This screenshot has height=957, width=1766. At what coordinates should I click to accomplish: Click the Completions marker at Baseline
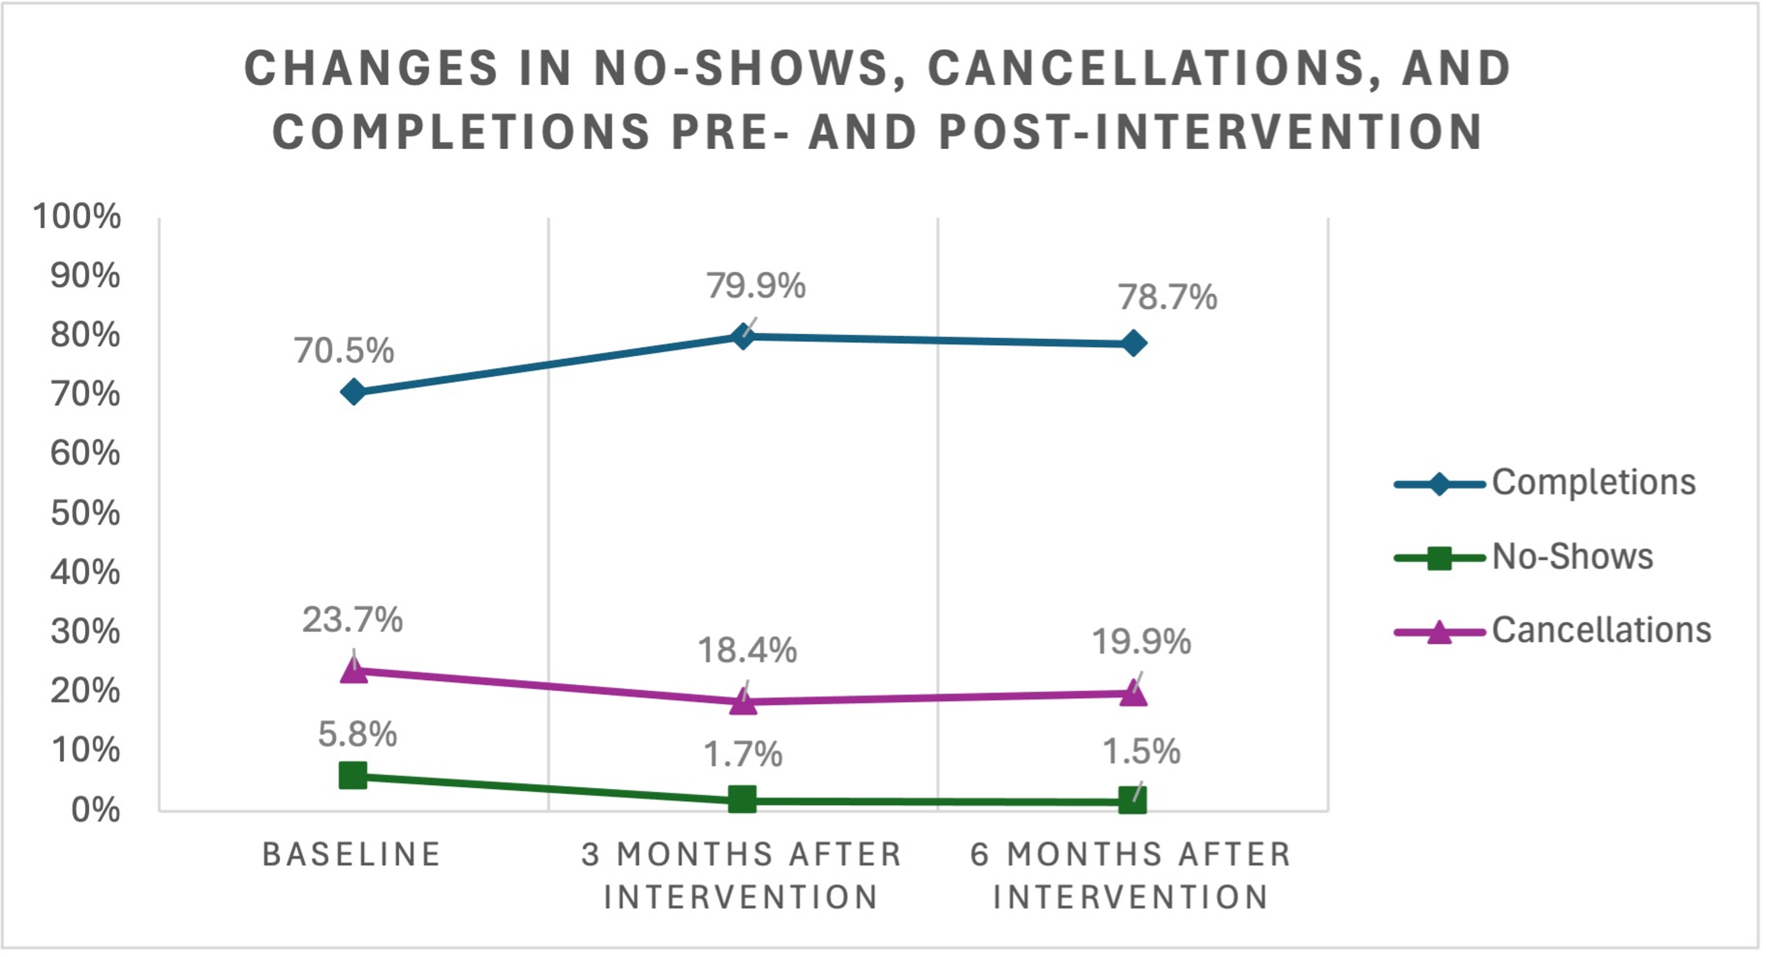[353, 393]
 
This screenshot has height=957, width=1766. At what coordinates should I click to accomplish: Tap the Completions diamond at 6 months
[1133, 343]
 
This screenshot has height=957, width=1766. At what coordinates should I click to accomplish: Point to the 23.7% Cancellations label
[352, 620]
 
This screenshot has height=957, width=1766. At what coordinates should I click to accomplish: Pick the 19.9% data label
[1141, 642]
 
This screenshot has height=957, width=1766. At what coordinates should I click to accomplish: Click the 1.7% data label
[742, 754]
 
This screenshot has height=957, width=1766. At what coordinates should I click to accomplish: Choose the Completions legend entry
[1593, 482]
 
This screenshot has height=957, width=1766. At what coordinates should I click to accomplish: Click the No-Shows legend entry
[1572, 556]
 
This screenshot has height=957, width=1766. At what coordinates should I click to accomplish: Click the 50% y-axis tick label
[85, 513]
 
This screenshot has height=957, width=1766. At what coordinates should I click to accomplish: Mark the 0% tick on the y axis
[95, 810]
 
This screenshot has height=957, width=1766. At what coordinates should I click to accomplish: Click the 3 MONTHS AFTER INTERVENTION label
[742, 875]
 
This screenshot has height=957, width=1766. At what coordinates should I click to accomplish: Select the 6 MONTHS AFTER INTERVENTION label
[1131, 875]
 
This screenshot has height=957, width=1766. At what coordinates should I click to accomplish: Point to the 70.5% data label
[344, 351]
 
